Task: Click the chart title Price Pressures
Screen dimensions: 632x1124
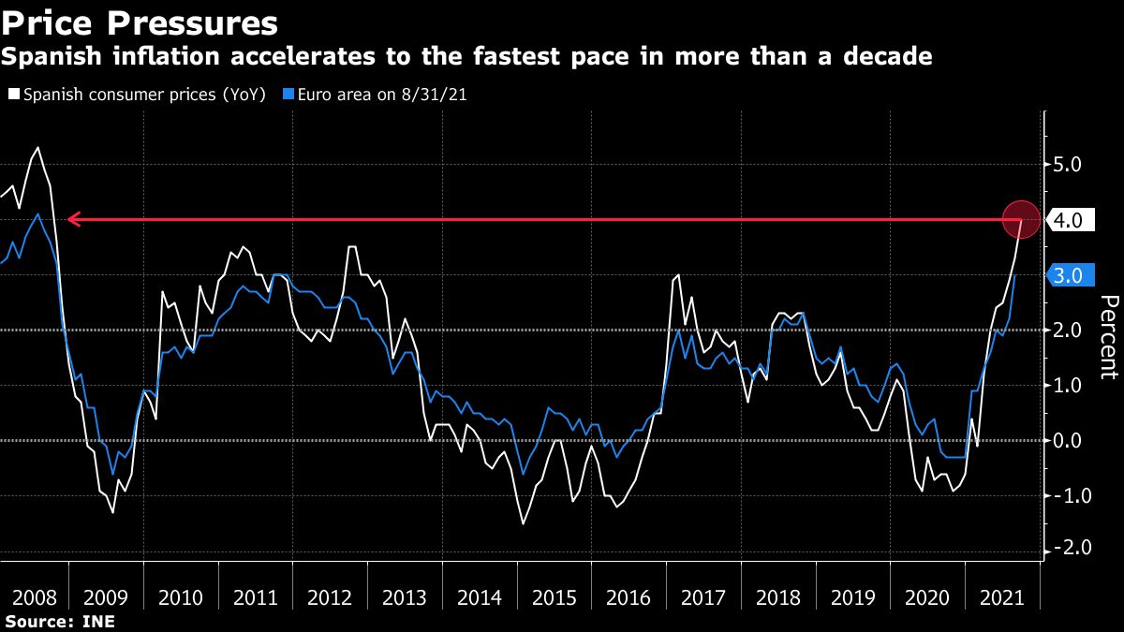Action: (x=140, y=22)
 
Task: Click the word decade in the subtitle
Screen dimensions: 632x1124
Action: (x=886, y=57)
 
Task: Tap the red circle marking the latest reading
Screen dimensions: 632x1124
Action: (x=1021, y=220)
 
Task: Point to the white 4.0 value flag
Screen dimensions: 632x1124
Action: (x=1068, y=221)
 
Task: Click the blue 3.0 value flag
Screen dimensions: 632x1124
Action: (x=1068, y=276)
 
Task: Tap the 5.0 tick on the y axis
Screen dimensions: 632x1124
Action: (x=1068, y=166)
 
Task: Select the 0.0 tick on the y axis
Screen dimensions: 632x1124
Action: (x=1068, y=440)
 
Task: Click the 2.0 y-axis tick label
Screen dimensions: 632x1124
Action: (x=1068, y=331)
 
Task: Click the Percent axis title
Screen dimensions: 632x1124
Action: (x=1108, y=337)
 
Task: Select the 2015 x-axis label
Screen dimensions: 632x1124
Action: (x=553, y=598)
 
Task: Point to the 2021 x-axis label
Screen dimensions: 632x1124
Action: (x=1001, y=598)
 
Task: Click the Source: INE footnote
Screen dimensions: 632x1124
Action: (x=58, y=622)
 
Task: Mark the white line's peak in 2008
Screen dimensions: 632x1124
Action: (x=37, y=148)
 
